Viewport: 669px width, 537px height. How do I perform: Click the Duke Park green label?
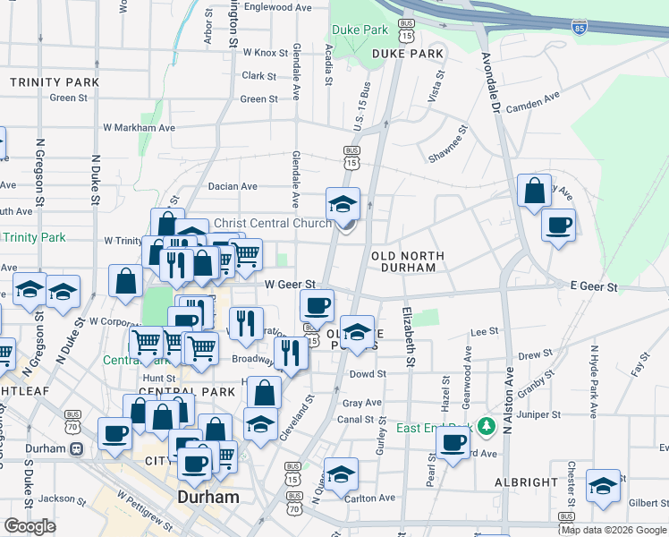tap(360, 30)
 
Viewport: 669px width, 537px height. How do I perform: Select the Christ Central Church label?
tap(272, 223)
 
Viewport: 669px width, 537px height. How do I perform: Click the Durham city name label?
tap(208, 497)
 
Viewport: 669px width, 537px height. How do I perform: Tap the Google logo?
tap(30, 526)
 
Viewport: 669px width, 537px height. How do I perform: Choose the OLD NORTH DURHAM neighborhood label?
tap(407, 261)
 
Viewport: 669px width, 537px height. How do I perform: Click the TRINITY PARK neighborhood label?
tap(54, 82)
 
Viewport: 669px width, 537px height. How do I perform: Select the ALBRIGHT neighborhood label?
tap(526, 482)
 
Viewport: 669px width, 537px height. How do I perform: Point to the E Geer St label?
tap(594, 287)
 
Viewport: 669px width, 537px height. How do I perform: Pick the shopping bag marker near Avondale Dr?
tap(534, 192)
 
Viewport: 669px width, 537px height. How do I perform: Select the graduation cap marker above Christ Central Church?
tap(342, 205)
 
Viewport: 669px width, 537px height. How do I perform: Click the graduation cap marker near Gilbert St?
tap(603, 486)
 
